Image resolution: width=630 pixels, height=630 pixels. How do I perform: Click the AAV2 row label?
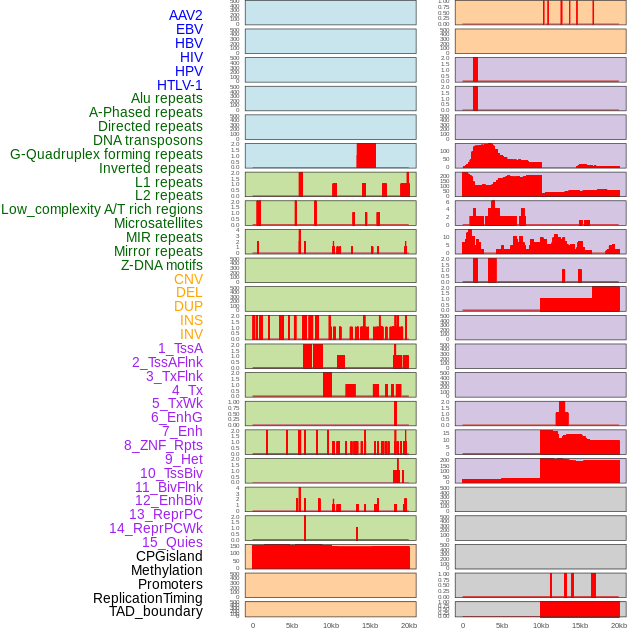point(185,15)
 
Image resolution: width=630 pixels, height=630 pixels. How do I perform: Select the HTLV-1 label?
point(179,85)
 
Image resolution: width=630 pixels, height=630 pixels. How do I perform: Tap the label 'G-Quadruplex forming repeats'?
point(106,154)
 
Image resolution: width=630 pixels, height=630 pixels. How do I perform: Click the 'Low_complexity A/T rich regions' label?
point(101,209)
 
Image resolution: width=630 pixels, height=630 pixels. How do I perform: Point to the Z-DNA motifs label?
point(161,265)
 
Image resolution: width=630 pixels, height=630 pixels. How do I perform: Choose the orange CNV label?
point(188,279)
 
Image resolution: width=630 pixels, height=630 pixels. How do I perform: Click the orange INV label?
point(191,334)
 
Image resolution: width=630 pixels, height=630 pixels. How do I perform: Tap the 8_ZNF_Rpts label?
point(163,445)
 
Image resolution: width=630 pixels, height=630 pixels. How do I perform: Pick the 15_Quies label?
point(172,542)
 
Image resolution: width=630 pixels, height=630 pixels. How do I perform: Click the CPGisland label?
point(169,556)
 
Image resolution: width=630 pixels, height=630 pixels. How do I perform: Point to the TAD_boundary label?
point(155,611)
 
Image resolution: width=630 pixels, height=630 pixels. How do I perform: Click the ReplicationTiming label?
point(147,598)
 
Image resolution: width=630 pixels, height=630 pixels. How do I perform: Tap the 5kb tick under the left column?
point(292,625)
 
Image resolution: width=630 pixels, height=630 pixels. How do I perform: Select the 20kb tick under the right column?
point(619,625)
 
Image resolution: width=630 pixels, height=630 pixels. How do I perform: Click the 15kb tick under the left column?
point(370,625)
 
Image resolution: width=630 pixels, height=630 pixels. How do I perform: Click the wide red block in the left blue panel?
point(366,155)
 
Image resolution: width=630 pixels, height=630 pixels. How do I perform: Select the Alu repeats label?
point(166,98)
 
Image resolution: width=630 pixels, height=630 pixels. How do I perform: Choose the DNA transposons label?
point(147,140)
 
